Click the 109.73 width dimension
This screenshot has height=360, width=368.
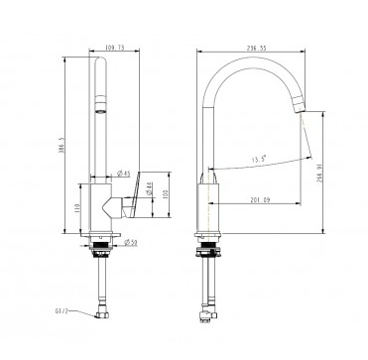coord(116,46)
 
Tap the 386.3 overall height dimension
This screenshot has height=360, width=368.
coord(61,140)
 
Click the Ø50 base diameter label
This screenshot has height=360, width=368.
coord(127,242)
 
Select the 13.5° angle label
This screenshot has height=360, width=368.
coord(258,156)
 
